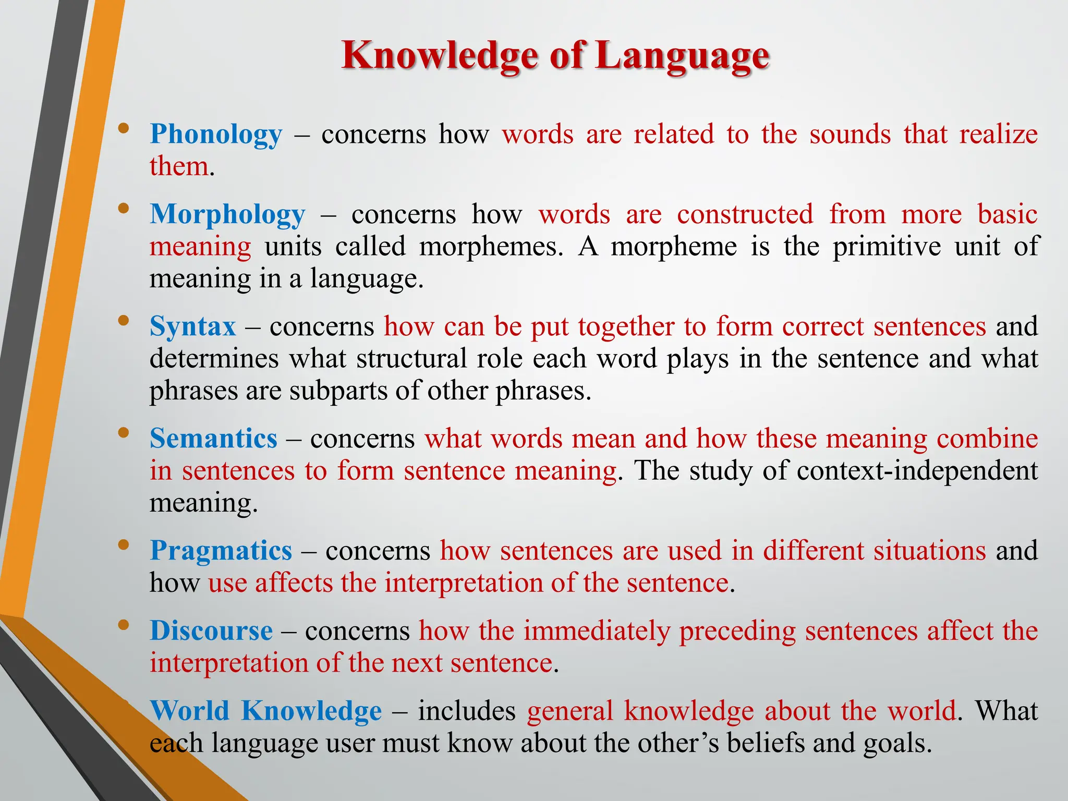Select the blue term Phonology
[x=216, y=135]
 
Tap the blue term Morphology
[x=227, y=215]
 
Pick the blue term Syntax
[x=193, y=327]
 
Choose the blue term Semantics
[x=213, y=439]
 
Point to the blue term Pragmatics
[x=221, y=551]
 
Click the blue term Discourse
[x=211, y=631]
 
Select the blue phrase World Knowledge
[x=265, y=711]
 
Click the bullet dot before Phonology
[x=123, y=128]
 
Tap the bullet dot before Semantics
[x=123, y=432]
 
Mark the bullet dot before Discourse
[x=123, y=625]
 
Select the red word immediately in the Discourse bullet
[x=597, y=631]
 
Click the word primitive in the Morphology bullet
[x=887, y=247]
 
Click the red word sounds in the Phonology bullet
[x=850, y=135]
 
